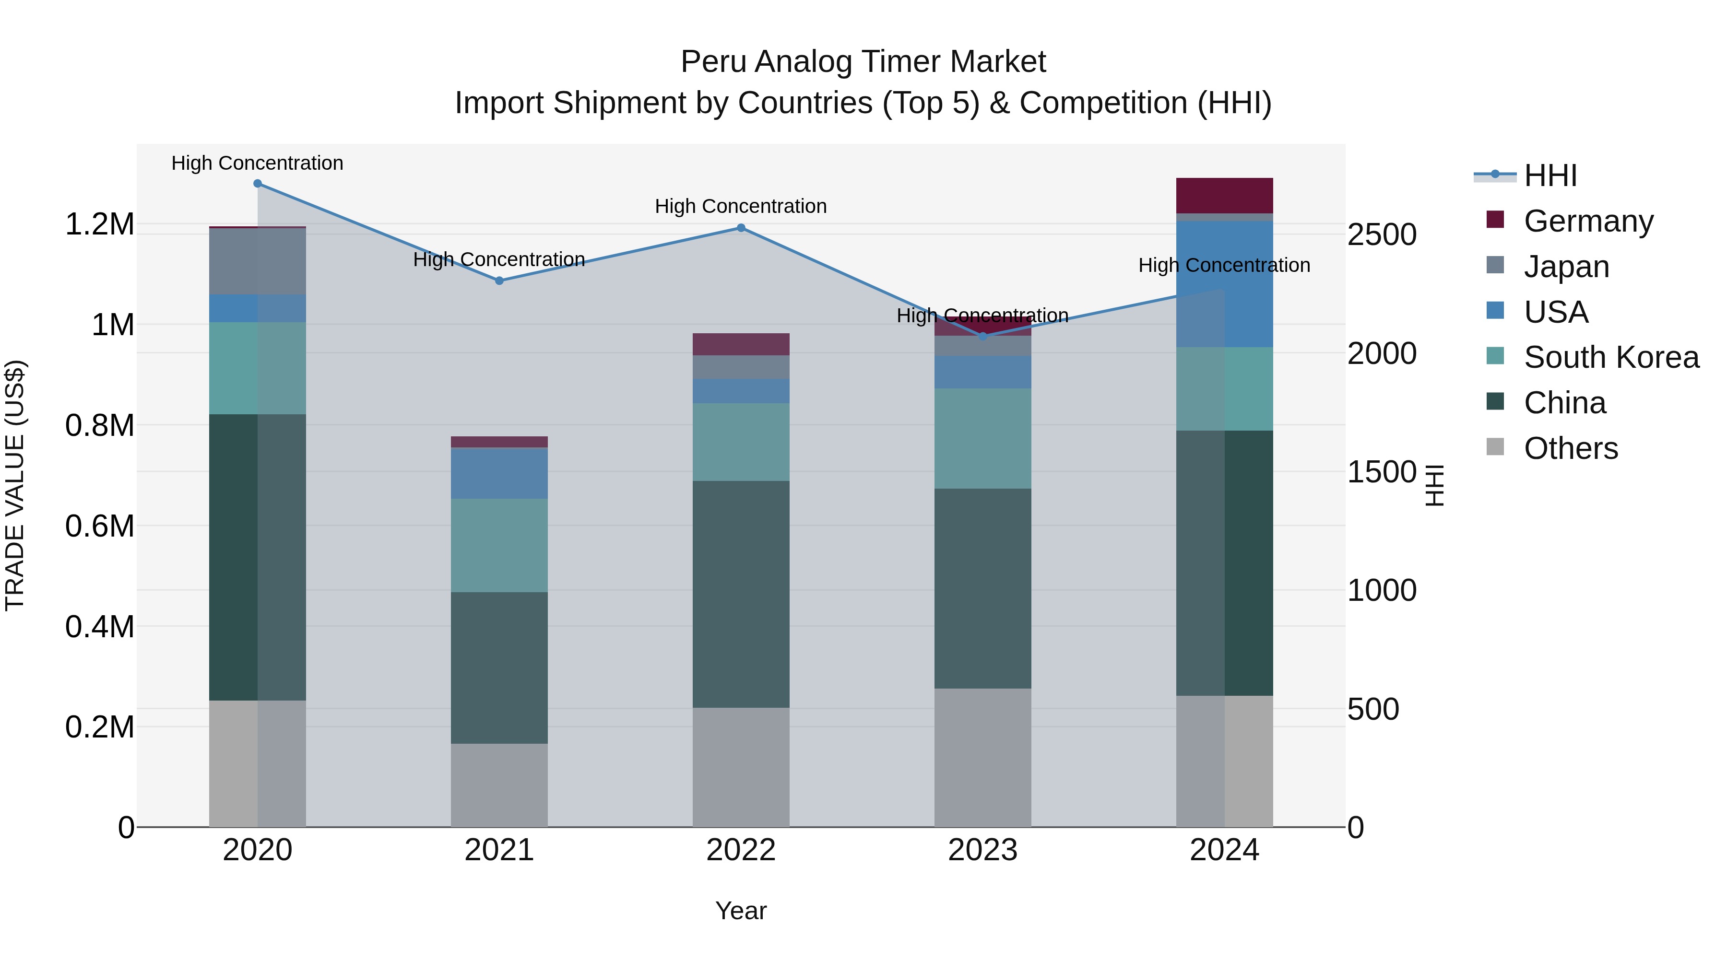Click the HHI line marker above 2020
(x=258, y=184)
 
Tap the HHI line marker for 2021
(x=499, y=281)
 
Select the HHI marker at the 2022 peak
(x=741, y=228)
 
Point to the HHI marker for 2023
(x=983, y=337)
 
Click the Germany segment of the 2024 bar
(x=1224, y=196)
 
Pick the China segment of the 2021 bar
(x=499, y=667)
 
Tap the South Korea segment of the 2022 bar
(x=741, y=442)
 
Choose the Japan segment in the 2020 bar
(x=258, y=261)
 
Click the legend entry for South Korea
(x=1611, y=357)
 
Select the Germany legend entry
(x=1588, y=221)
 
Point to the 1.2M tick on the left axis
(x=100, y=224)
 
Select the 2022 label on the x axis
(x=741, y=850)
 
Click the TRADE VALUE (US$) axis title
(x=15, y=485)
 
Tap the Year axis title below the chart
(x=741, y=911)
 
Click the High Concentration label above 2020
(x=258, y=163)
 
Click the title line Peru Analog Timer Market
(x=863, y=62)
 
